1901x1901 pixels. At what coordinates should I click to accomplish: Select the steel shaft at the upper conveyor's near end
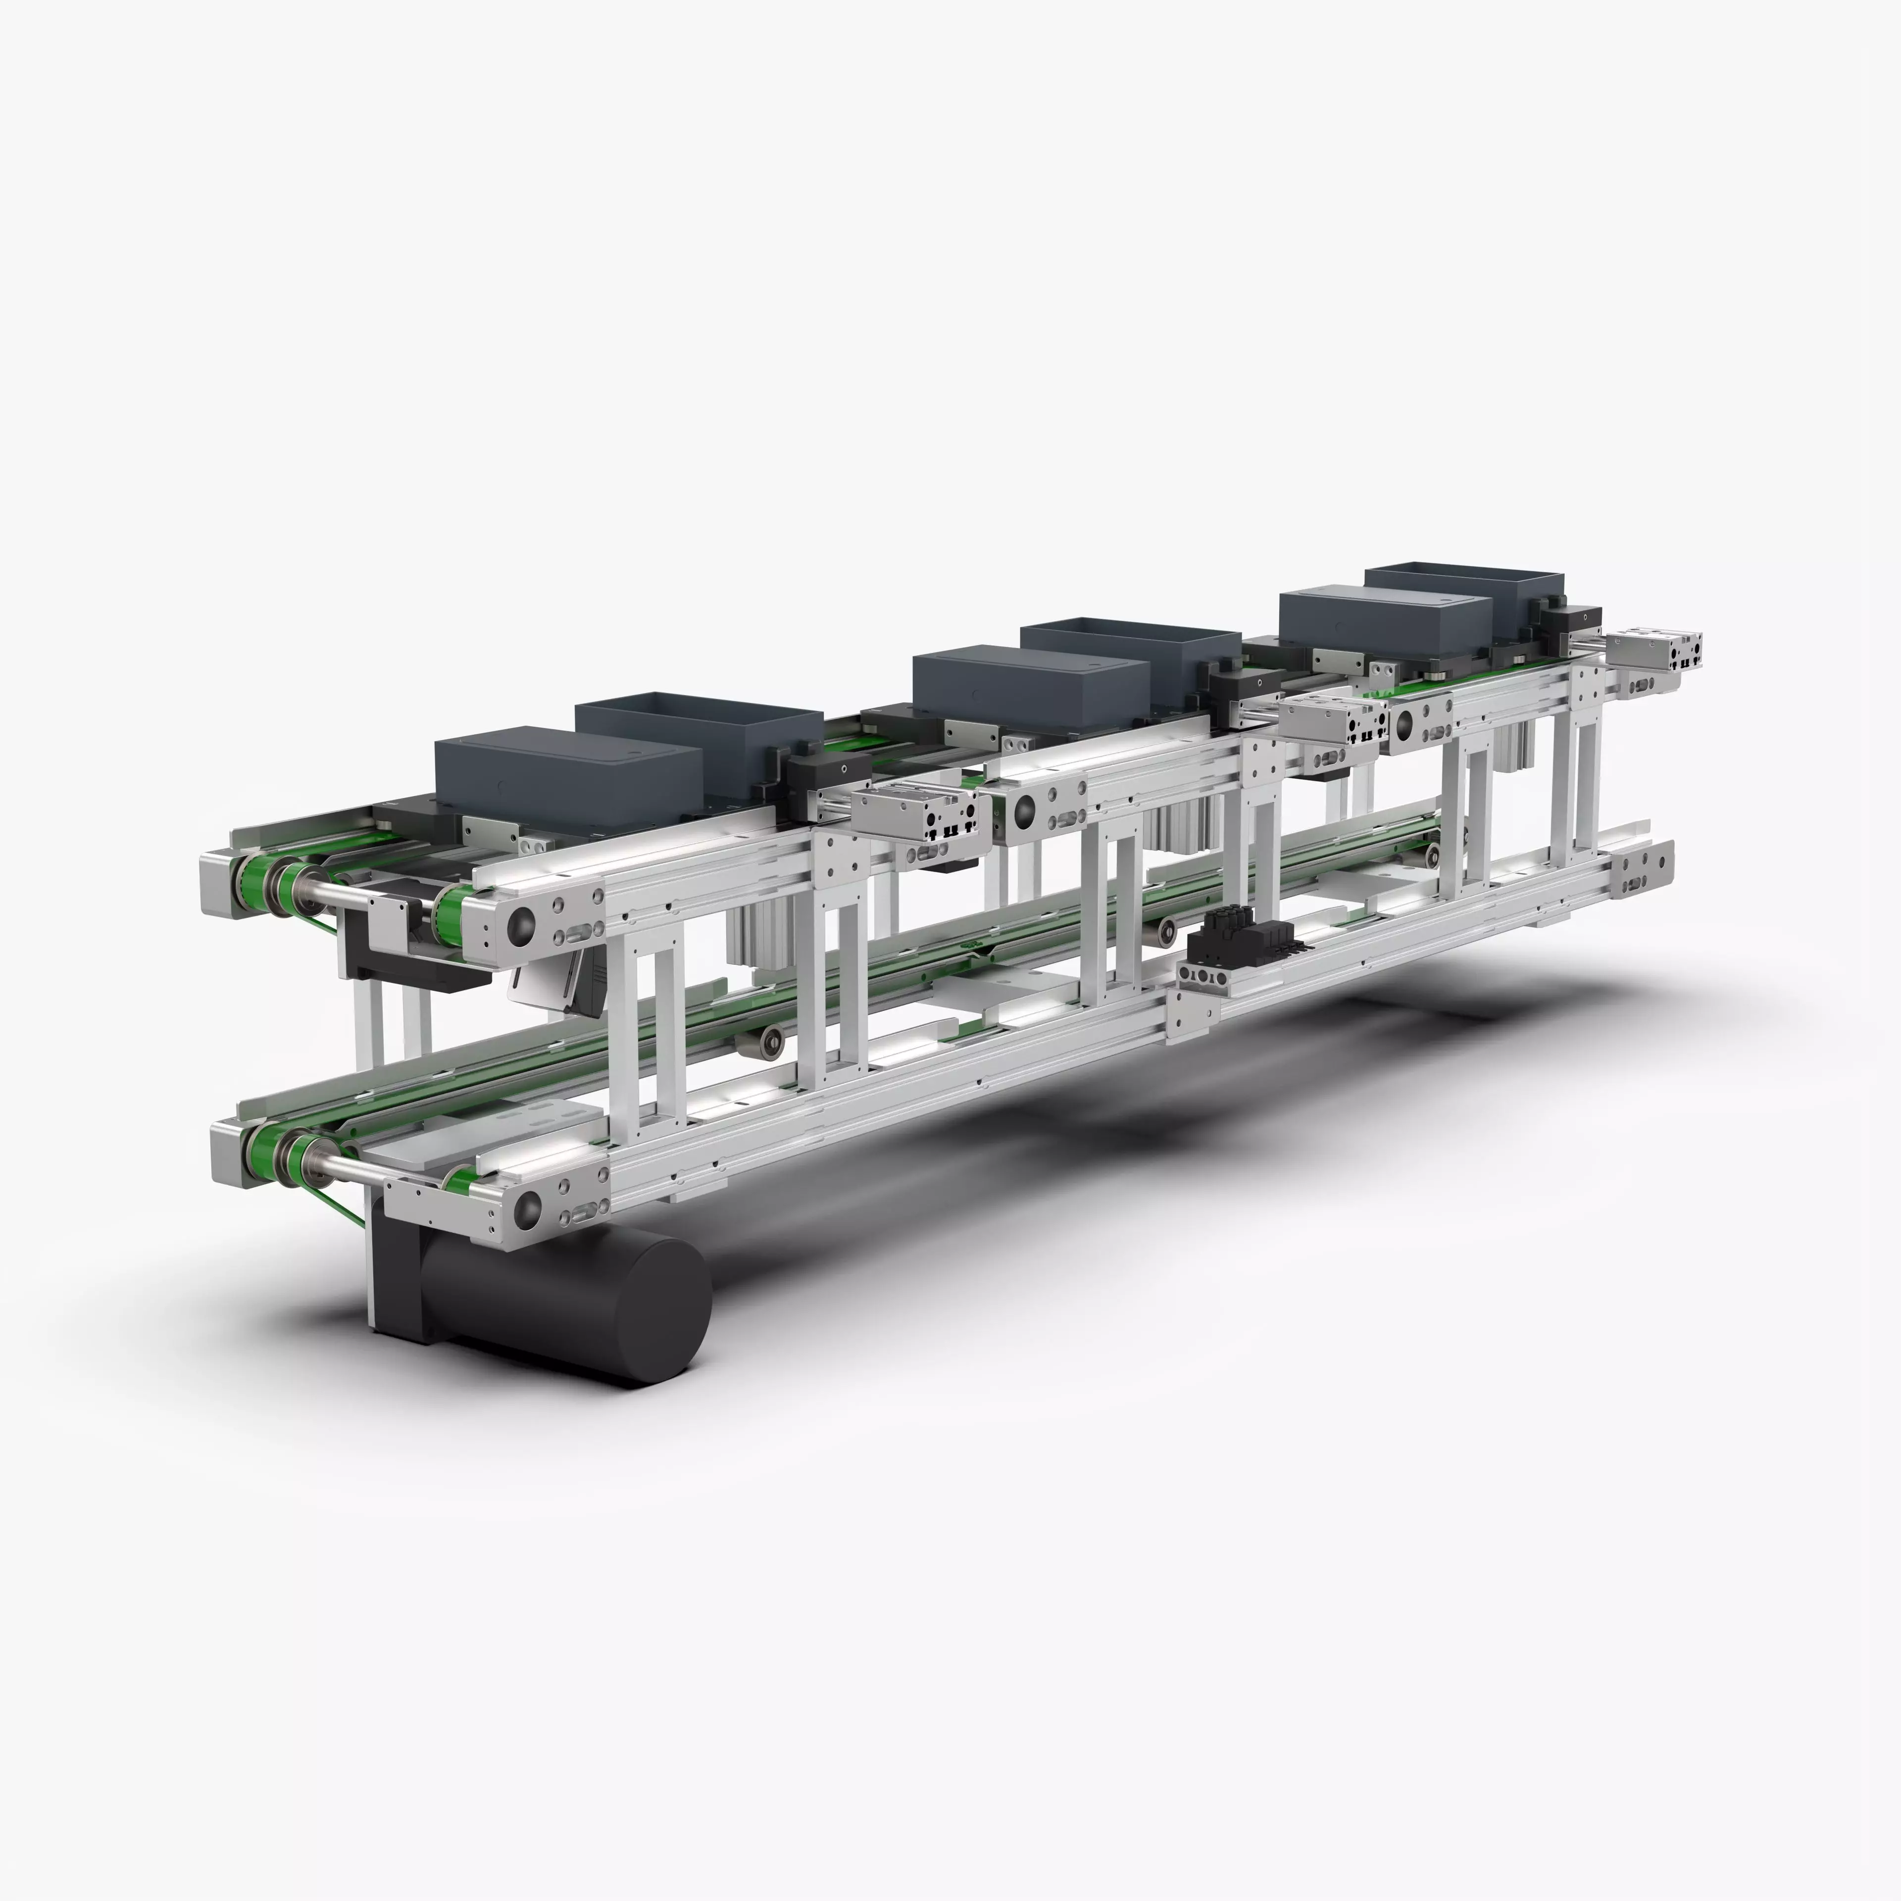[340, 891]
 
